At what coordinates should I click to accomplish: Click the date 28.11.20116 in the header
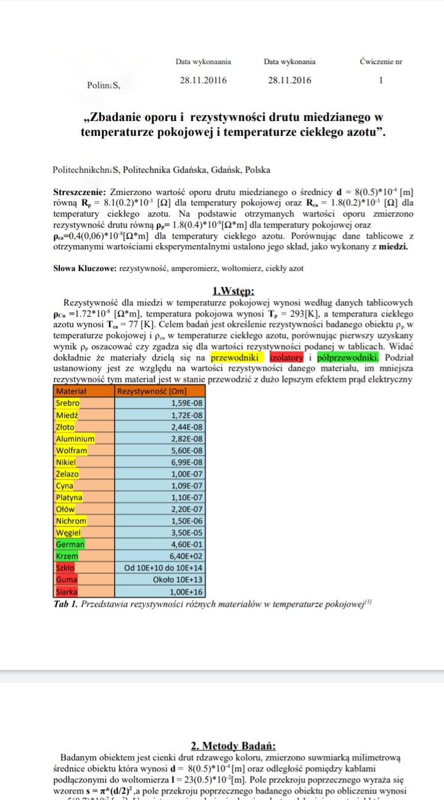click(203, 80)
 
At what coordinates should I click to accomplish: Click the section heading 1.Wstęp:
click(233, 292)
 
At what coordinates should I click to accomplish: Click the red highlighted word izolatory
click(286, 357)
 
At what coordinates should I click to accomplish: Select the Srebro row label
click(68, 403)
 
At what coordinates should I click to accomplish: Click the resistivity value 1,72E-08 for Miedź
click(186, 415)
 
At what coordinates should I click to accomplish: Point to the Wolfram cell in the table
click(71, 451)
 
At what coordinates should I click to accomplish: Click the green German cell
click(70, 544)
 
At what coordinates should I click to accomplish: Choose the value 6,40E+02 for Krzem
click(186, 556)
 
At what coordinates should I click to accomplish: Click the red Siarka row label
click(67, 591)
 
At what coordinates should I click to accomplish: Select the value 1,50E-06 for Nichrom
click(186, 521)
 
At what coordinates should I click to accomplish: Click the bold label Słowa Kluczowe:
click(84, 268)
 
